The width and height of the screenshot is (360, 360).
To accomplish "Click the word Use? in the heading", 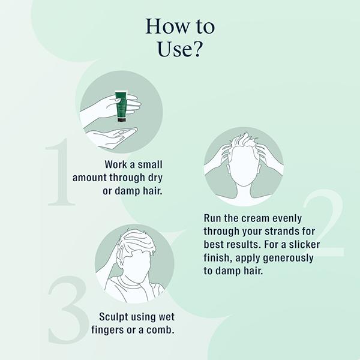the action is coord(180,49).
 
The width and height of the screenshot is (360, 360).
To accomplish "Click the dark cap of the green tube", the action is coord(121,119).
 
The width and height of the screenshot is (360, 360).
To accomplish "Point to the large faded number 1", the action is coord(61,172).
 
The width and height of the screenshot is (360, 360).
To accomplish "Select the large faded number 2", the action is coord(324,223).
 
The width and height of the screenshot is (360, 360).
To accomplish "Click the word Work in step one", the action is coord(116,164).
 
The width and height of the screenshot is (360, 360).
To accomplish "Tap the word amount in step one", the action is coord(89,178).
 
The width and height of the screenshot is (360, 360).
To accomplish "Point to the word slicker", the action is coord(304,244).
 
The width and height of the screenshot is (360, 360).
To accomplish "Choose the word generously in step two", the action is coord(288,258).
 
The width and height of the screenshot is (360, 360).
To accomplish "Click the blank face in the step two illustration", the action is coord(244,166).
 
